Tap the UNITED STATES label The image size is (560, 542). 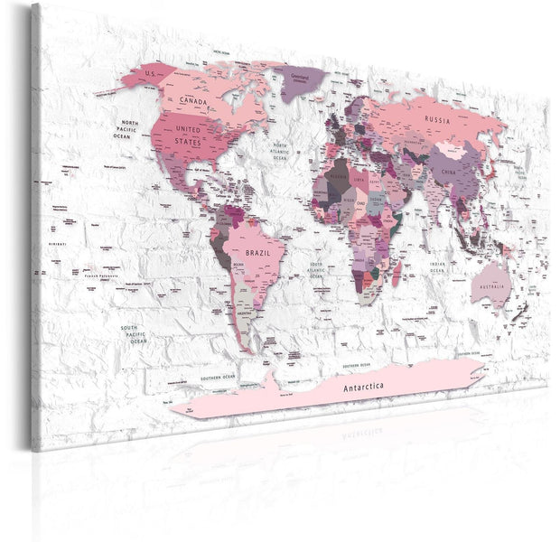point(189,137)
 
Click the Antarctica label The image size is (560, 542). point(369,362)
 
